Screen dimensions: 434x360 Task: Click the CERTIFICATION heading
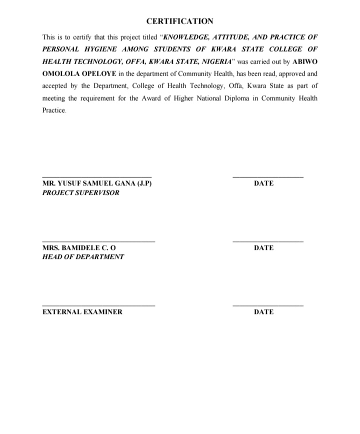179,22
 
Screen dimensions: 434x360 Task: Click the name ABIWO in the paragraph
304,61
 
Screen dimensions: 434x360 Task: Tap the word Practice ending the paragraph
53,110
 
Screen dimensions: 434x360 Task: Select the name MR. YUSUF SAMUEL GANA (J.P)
97,183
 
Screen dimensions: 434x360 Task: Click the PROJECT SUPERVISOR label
81,193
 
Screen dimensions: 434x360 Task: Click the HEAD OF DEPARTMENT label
83,257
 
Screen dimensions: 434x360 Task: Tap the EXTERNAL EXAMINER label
82,312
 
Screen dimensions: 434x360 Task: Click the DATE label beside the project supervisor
263,183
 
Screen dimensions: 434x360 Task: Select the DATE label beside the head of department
263,248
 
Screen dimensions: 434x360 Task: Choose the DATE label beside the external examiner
263,312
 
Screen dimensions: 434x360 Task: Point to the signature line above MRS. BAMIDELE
98,242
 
